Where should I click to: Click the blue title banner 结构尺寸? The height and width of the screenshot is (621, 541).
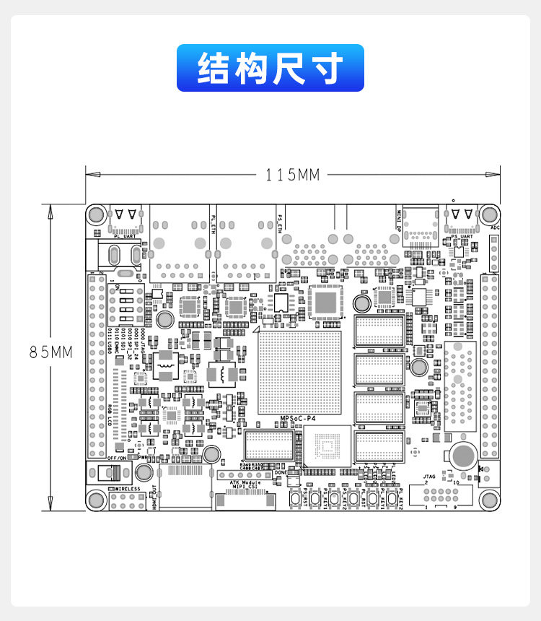tap(270, 68)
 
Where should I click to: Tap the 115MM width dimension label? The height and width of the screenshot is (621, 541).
tap(292, 175)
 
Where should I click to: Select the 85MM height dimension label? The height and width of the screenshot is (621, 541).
tap(51, 352)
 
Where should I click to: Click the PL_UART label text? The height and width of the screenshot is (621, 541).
tap(124, 235)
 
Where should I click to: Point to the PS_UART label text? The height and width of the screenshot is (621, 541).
tap(462, 236)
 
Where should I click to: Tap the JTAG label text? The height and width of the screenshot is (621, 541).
tap(429, 477)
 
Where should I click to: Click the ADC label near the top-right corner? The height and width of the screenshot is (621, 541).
tap(495, 227)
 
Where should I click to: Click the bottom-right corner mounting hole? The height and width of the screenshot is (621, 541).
tap(490, 500)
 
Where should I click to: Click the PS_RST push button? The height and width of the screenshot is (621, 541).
tap(296, 499)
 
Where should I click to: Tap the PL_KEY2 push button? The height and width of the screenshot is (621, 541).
tap(393, 499)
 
